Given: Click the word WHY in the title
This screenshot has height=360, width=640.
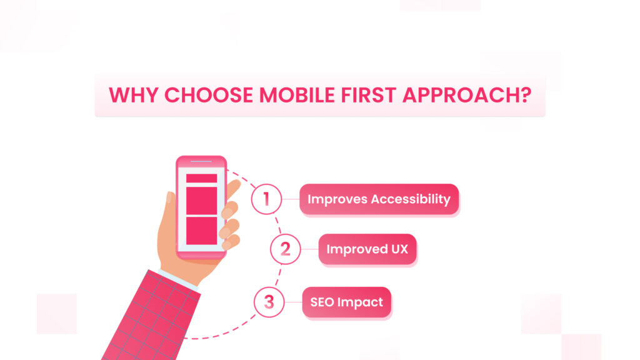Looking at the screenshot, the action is (x=134, y=95).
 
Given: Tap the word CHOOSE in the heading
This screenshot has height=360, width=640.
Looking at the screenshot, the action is (x=209, y=95).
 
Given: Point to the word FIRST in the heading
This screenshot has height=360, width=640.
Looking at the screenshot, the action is (x=369, y=95).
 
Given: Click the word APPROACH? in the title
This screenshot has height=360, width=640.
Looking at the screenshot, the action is (x=467, y=95).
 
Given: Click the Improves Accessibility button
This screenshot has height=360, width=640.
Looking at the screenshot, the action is (x=379, y=199).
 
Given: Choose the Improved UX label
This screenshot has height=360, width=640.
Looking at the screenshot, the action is (x=367, y=249).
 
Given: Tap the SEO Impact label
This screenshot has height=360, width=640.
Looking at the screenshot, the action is (x=346, y=302).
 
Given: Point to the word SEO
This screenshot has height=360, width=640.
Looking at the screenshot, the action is (x=322, y=302).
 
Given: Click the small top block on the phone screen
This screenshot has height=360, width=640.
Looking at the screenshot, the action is (x=202, y=178).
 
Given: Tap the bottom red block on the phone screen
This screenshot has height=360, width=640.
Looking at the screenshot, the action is (x=202, y=231).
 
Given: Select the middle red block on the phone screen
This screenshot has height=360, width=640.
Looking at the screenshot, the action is (x=202, y=201).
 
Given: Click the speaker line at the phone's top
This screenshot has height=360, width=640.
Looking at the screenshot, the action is (x=201, y=162).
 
